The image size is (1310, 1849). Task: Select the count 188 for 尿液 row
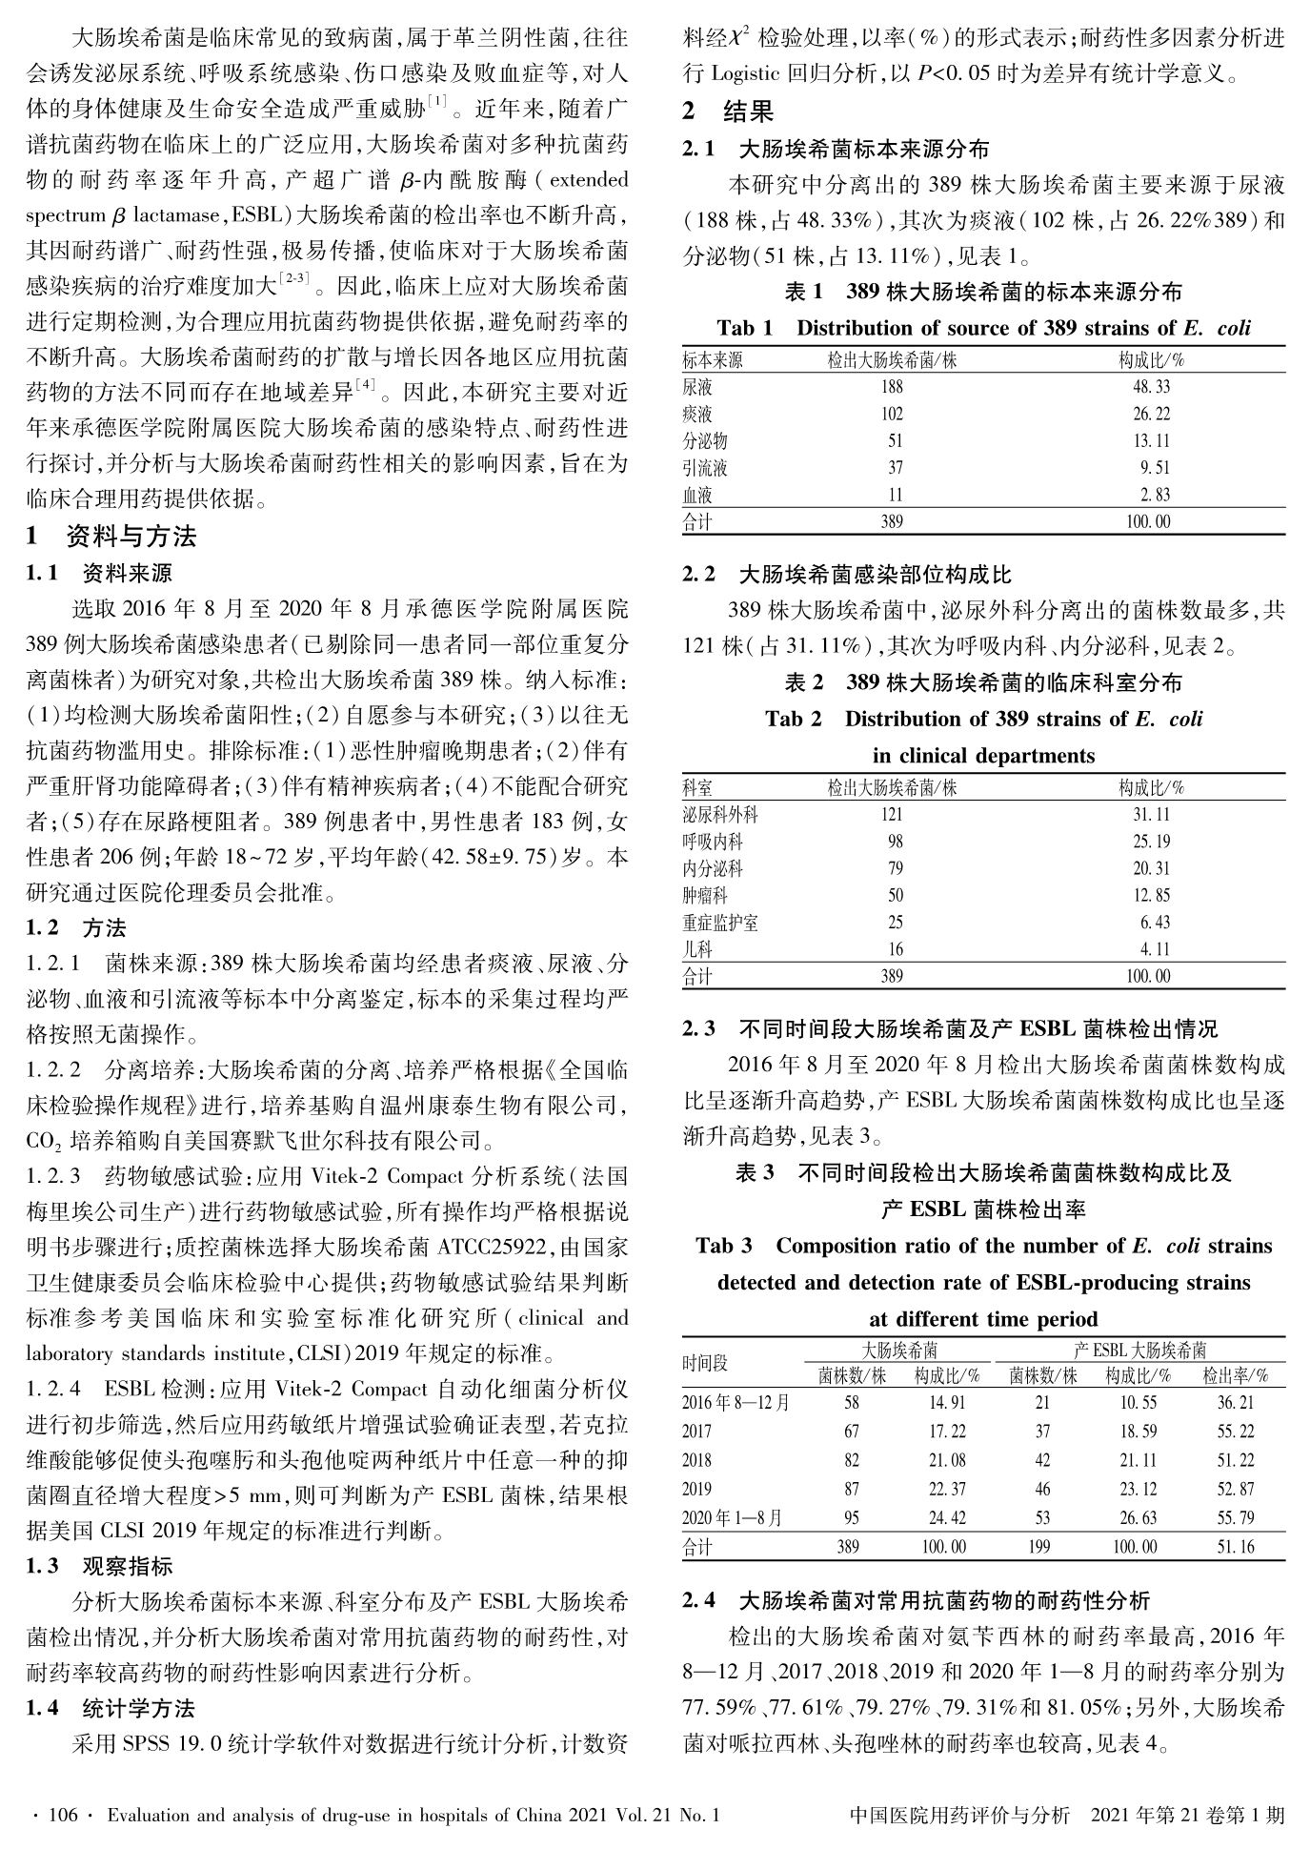tap(892, 388)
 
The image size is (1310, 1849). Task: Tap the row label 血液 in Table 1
tap(697, 496)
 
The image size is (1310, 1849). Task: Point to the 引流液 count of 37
tap(895, 468)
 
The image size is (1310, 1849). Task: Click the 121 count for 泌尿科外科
tap(892, 815)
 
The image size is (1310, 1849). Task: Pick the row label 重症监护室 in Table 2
tap(720, 923)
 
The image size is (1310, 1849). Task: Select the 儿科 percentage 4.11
tap(1156, 949)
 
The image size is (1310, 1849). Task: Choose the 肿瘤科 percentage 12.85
tap(1153, 896)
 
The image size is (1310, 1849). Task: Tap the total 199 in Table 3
tap(1041, 1548)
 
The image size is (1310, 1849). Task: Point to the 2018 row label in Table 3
tap(697, 1460)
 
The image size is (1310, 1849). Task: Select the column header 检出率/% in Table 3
tap(1235, 1376)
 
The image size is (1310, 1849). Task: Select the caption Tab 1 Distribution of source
tap(983, 329)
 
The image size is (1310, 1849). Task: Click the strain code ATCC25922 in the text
tap(493, 1246)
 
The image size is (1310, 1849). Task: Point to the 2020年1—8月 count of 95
tap(851, 1517)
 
